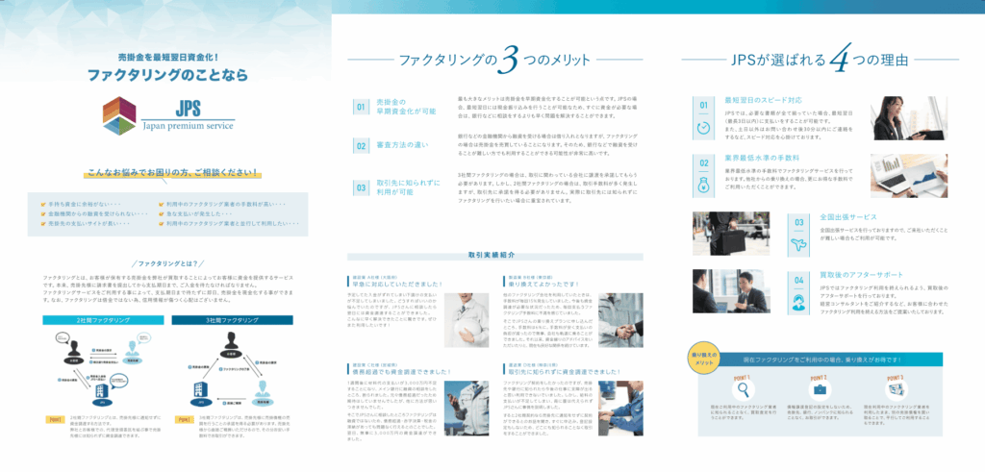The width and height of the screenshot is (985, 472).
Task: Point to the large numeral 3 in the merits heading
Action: tap(507, 61)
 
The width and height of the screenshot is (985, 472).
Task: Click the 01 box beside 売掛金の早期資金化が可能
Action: tap(361, 107)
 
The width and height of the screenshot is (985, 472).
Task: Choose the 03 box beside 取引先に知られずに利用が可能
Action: tap(361, 187)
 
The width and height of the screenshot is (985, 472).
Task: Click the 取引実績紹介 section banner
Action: tap(493, 257)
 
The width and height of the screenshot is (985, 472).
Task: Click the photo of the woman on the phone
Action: tap(906, 118)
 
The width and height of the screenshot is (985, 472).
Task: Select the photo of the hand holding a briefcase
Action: tap(723, 231)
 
